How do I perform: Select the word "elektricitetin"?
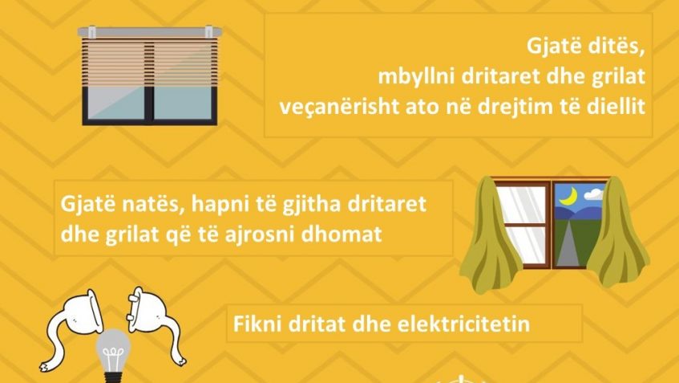pos(463,324)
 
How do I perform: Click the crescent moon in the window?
pos(567,197)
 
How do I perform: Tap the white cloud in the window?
pos(594,194)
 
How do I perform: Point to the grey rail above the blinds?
pos(150,31)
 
